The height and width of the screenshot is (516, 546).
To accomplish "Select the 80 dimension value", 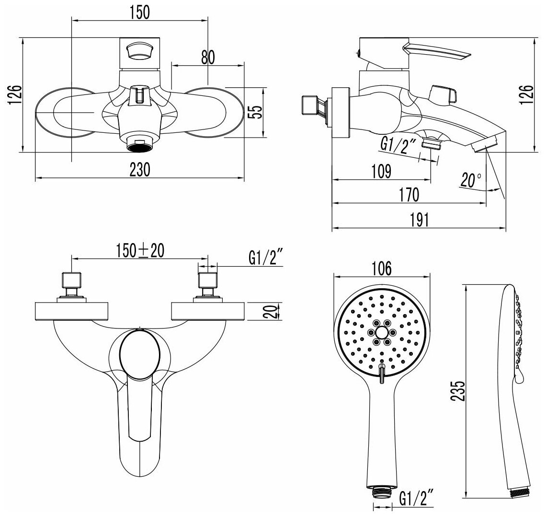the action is point(207,57).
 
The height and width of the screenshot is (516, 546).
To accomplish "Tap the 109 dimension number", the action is point(381,171).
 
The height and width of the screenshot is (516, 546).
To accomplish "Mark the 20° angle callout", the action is point(471,180).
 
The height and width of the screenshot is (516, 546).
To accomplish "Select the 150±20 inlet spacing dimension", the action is point(140,251).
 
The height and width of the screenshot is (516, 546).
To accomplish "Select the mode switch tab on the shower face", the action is point(382,373).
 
